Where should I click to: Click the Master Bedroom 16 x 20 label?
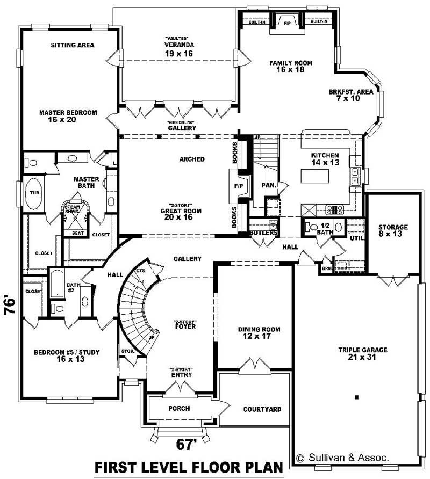click(68, 116)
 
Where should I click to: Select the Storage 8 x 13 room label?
click(392, 231)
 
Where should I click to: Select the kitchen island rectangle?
click(314, 176)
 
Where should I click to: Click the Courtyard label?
click(262, 409)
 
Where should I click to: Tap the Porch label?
click(179, 409)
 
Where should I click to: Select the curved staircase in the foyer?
click(134, 311)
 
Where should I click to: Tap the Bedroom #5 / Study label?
click(67, 355)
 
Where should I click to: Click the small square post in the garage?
click(356, 397)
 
